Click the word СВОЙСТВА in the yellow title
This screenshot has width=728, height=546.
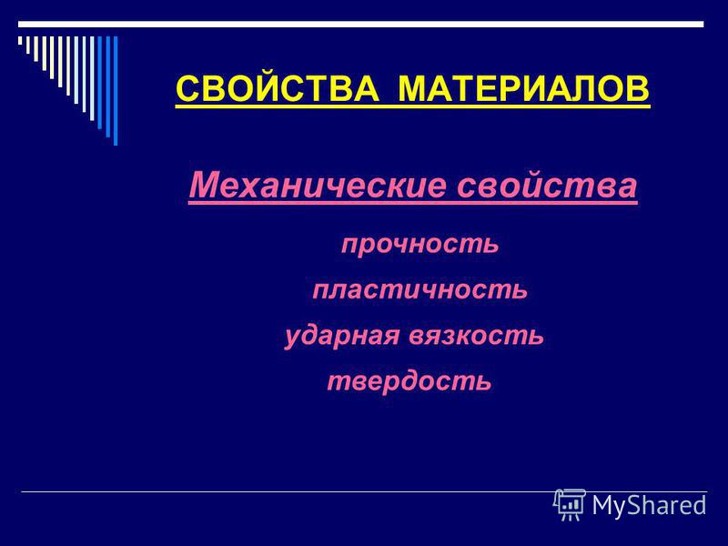(x=278, y=88)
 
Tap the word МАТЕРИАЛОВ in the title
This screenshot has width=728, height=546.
(x=524, y=88)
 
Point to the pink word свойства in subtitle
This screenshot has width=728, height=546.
(x=547, y=186)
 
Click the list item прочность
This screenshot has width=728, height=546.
(x=420, y=244)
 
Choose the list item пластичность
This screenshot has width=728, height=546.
(x=420, y=289)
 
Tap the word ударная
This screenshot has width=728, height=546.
(x=342, y=335)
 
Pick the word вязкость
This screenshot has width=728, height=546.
(x=476, y=335)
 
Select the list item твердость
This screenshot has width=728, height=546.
(x=409, y=381)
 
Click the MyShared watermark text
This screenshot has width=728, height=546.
(x=649, y=505)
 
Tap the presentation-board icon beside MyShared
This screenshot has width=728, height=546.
(x=570, y=505)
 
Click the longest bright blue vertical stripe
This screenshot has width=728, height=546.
(x=116, y=91)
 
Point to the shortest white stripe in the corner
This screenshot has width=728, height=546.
(x=20, y=40)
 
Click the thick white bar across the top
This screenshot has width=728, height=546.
(x=360, y=25)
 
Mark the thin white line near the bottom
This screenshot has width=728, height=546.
(x=364, y=491)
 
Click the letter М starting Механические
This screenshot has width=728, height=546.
(x=203, y=185)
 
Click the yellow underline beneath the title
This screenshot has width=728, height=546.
(x=413, y=106)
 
